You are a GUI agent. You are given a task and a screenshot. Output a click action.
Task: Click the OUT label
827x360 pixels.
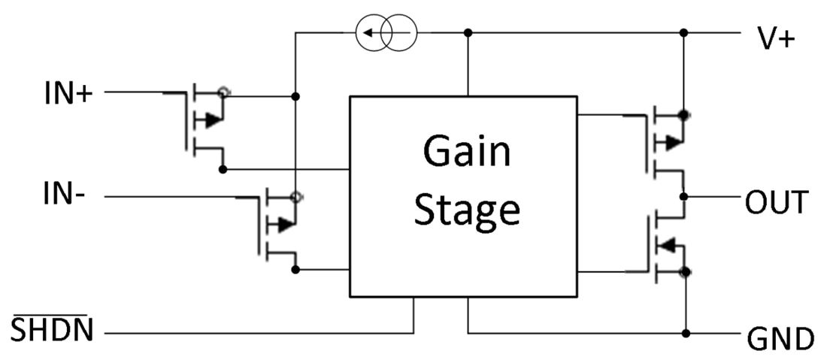(x=777, y=202)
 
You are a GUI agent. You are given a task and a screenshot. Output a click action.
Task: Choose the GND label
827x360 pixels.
(x=780, y=340)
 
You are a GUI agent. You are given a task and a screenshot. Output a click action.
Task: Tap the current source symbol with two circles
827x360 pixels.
(x=385, y=33)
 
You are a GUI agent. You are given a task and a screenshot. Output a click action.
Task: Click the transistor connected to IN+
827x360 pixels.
(x=203, y=123)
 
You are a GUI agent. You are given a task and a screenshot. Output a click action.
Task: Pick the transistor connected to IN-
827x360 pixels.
(x=277, y=225)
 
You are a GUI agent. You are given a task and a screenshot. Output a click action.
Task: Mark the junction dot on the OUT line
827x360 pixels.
(x=683, y=197)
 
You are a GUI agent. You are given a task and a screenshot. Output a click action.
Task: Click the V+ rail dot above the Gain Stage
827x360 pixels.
(x=468, y=33)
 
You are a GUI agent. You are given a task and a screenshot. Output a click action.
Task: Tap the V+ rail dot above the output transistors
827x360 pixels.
(x=683, y=33)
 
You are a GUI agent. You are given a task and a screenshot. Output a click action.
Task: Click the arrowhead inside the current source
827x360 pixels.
(x=365, y=33)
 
